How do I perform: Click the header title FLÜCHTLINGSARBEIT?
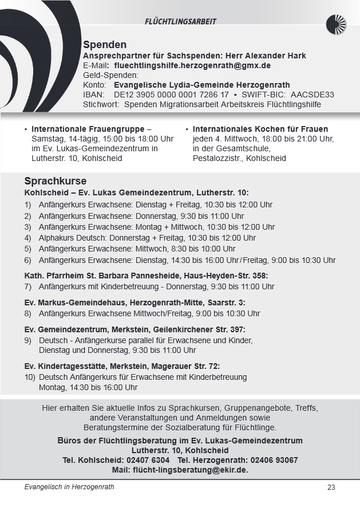pyautogui.click(x=180, y=22)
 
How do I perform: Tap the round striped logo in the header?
pyautogui.click(x=336, y=24)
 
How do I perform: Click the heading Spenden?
pyautogui.click(x=105, y=45)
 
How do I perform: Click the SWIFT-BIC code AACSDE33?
pyautogui.click(x=312, y=95)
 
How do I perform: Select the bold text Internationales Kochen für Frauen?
pyautogui.click(x=260, y=129)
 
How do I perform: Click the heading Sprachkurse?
pyautogui.click(x=56, y=182)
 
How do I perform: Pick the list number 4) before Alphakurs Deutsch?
pyautogui.click(x=28, y=238)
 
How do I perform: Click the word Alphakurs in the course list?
pyautogui.click(x=56, y=238)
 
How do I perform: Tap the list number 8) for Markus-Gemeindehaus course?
pyautogui.click(x=28, y=313)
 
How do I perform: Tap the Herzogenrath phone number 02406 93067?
pyautogui.click(x=271, y=460)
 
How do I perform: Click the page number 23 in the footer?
pyautogui.click(x=331, y=488)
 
